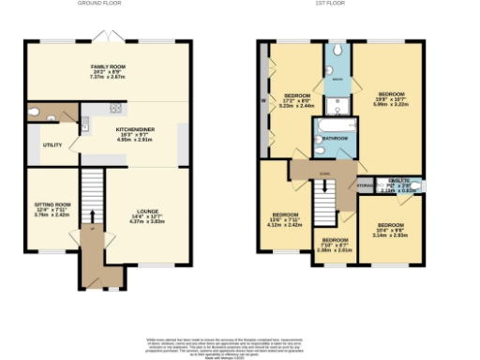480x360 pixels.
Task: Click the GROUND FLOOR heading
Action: coord(99,4)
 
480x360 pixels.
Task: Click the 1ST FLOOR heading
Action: coord(339,4)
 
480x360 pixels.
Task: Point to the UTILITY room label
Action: coord(52,146)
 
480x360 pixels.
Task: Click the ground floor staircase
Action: coord(92,197)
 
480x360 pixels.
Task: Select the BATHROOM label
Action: coord(336,139)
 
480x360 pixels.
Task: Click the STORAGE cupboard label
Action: coord(364,186)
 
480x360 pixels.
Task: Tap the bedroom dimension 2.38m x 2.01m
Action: coord(335,249)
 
